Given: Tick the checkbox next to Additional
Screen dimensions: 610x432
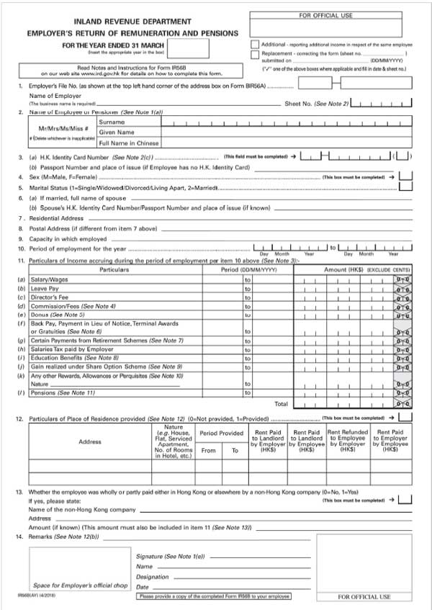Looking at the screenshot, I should (256, 44).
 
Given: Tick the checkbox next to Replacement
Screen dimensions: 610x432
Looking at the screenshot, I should (256, 53).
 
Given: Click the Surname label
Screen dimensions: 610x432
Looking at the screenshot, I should (112, 122).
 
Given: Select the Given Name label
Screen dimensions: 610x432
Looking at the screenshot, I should (117, 133).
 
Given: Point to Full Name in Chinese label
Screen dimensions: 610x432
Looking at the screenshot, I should (129, 143).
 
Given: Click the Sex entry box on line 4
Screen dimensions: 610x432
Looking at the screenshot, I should (405, 176).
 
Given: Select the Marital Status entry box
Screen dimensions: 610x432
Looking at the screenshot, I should (405, 186).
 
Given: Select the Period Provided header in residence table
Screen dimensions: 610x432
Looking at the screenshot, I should (221, 434).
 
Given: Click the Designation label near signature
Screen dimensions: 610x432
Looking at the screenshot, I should (153, 577).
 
